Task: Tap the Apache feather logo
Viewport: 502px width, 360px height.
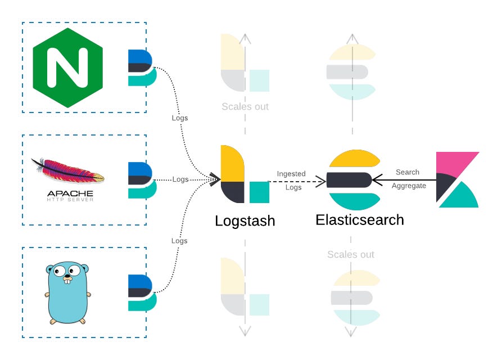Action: click(x=68, y=171)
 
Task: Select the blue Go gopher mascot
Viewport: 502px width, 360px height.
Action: click(x=68, y=292)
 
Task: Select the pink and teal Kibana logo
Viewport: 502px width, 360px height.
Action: click(x=458, y=179)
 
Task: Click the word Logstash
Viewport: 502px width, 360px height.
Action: click(x=245, y=221)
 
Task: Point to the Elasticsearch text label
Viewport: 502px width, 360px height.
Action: click(x=359, y=220)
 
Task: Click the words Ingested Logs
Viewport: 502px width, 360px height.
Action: click(x=292, y=181)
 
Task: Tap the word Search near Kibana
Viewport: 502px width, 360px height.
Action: click(x=408, y=172)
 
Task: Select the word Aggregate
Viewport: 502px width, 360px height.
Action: click(x=409, y=186)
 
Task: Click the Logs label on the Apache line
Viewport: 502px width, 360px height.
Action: click(x=180, y=179)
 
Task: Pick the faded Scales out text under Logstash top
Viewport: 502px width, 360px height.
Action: click(x=245, y=106)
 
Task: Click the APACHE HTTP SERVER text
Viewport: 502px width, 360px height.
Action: click(x=70, y=197)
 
